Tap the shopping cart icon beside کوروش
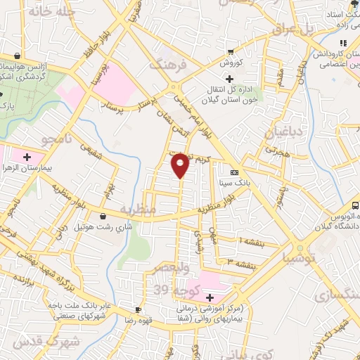(230, 52)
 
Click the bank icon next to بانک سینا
(234, 172)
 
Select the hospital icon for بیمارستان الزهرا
(27, 156)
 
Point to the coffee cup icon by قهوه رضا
(139, 309)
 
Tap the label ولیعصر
(169, 269)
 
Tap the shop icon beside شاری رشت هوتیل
(104, 216)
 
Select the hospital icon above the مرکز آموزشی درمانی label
(209, 298)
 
